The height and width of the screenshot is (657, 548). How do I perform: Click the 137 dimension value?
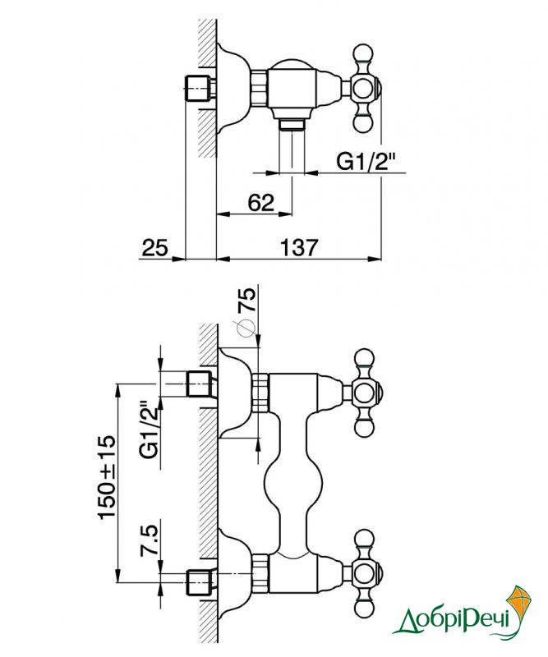[299, 247]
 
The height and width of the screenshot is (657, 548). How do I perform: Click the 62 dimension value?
[260, 203]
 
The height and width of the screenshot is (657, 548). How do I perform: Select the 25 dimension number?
[154, 247]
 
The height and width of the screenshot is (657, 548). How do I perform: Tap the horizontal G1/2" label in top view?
[366, 161]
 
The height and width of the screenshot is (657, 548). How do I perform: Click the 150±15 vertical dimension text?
[107, 477]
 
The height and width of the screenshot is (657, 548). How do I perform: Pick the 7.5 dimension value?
[150, 540]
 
